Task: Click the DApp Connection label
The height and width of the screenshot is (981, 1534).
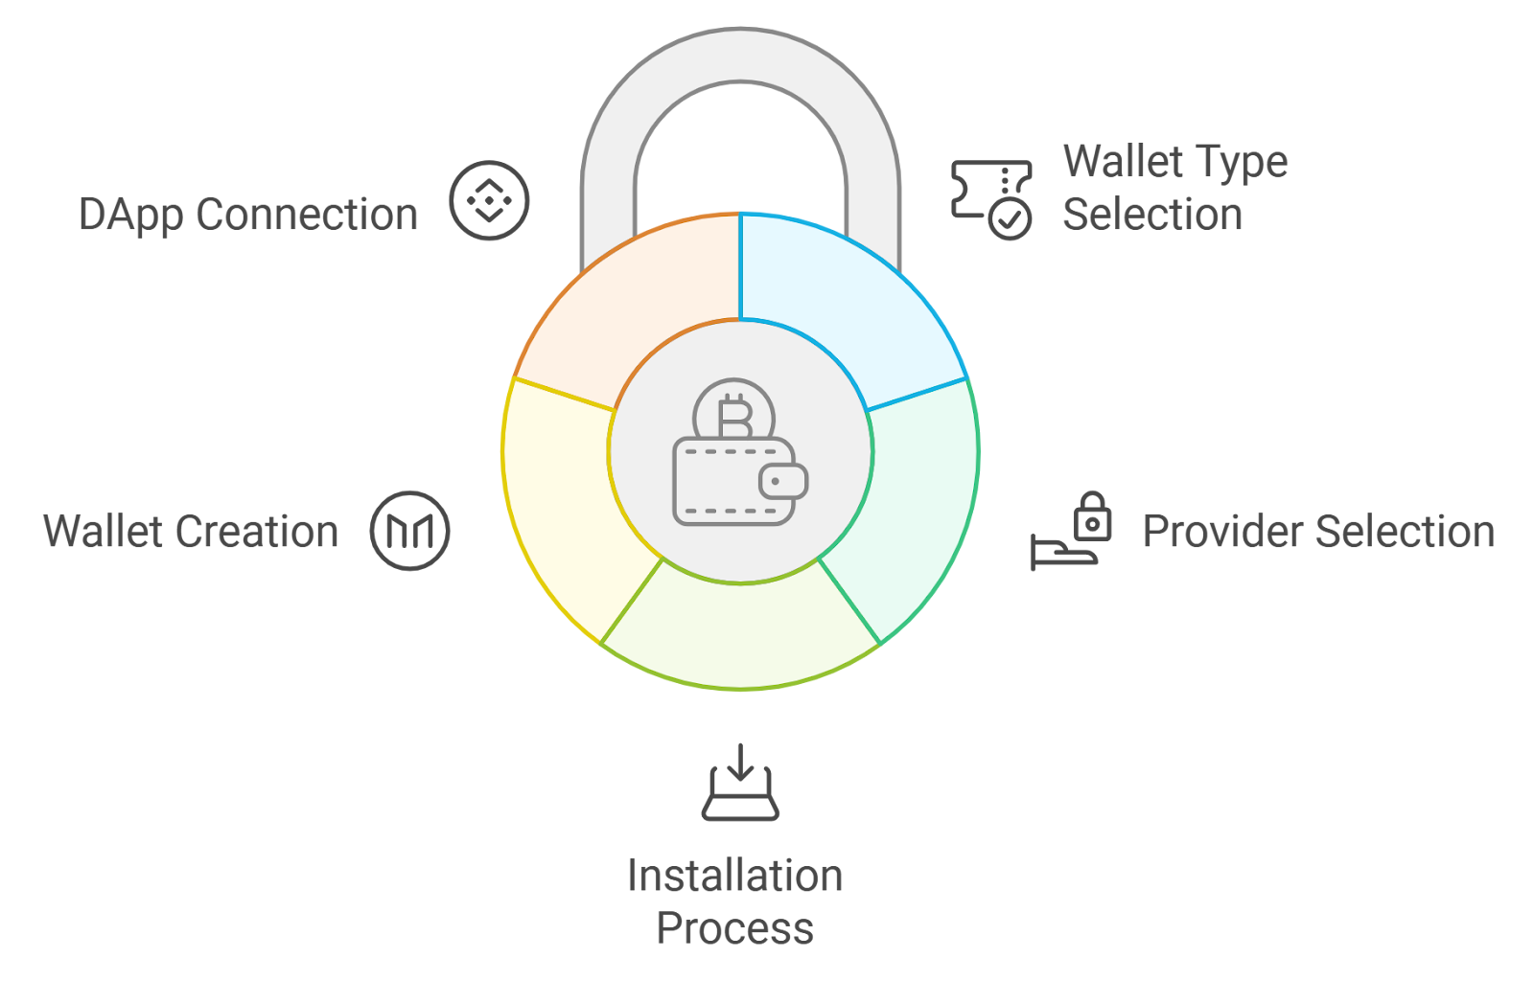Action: click(248, 215)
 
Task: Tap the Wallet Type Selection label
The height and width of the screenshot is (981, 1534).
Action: click(1174, 188)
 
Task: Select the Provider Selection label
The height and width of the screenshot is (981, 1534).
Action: click(1318, 532)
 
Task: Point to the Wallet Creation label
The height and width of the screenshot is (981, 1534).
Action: click(191, 532)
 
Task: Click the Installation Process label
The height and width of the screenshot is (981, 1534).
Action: click(734, 901)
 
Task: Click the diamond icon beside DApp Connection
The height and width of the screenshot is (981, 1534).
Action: click(489, 200)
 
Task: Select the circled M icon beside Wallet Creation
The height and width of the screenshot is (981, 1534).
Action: click(410, 531)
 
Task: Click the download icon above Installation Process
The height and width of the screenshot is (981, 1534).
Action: click(740, 783)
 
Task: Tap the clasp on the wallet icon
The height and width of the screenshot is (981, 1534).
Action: click(782, 481)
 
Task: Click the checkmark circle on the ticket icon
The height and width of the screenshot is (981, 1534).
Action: click(1011, 218)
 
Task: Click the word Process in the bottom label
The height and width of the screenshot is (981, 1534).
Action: click(734, 928)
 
